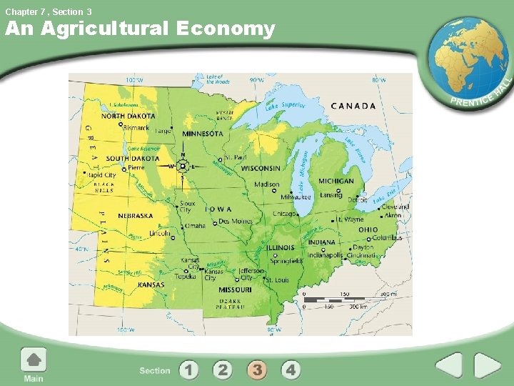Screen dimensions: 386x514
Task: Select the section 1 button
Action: (x=188, y=370)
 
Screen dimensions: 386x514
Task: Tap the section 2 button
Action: (x=223, y=370)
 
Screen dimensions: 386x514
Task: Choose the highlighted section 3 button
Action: (x=257, y=370)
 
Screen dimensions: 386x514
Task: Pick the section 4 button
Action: (x=291, y=370)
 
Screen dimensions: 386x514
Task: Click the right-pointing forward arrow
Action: (x=488, y=366)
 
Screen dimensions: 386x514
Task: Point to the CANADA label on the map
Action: (x=353, y=106)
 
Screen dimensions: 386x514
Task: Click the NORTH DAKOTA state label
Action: (x=128, y=116)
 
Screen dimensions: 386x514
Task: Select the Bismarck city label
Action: (x=136, y=128)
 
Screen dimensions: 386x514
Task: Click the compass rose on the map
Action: (x=182, y=165)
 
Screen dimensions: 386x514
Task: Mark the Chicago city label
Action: (x=283, y=213)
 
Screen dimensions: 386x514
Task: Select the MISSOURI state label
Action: (x=235, y=290)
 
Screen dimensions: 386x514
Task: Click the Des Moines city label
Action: (x=236, y=222)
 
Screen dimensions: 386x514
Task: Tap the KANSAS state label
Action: (x=151, y=284)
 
